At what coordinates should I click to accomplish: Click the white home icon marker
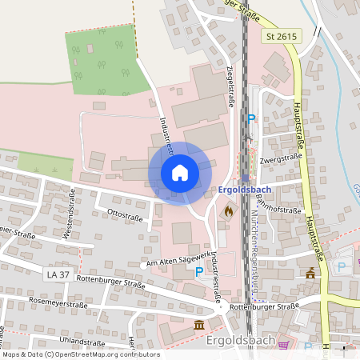point(180,173)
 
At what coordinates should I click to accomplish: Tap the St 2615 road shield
point(282,36)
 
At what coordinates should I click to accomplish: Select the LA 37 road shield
point(58,274)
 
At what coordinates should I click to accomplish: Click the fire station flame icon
point(229,211)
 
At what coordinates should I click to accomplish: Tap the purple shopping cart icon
point(284,345)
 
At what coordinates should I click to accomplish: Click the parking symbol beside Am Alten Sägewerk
point(199,271)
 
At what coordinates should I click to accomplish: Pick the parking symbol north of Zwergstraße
point(251,118)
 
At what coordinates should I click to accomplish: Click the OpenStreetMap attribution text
point(80,354)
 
